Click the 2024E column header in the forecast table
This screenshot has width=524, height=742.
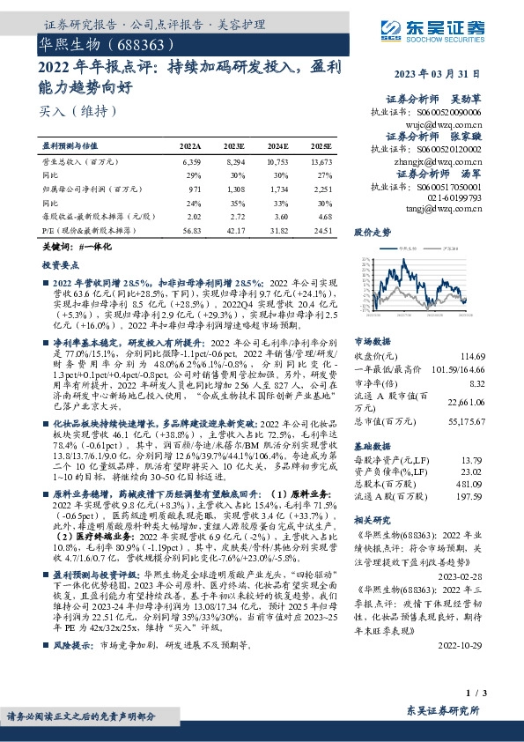[x=277, y=146]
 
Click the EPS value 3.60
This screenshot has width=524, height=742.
[x=280, y=215]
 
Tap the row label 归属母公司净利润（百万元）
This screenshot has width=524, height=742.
[x=88, y=189]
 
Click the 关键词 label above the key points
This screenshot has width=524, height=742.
[x=52, y=249]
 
